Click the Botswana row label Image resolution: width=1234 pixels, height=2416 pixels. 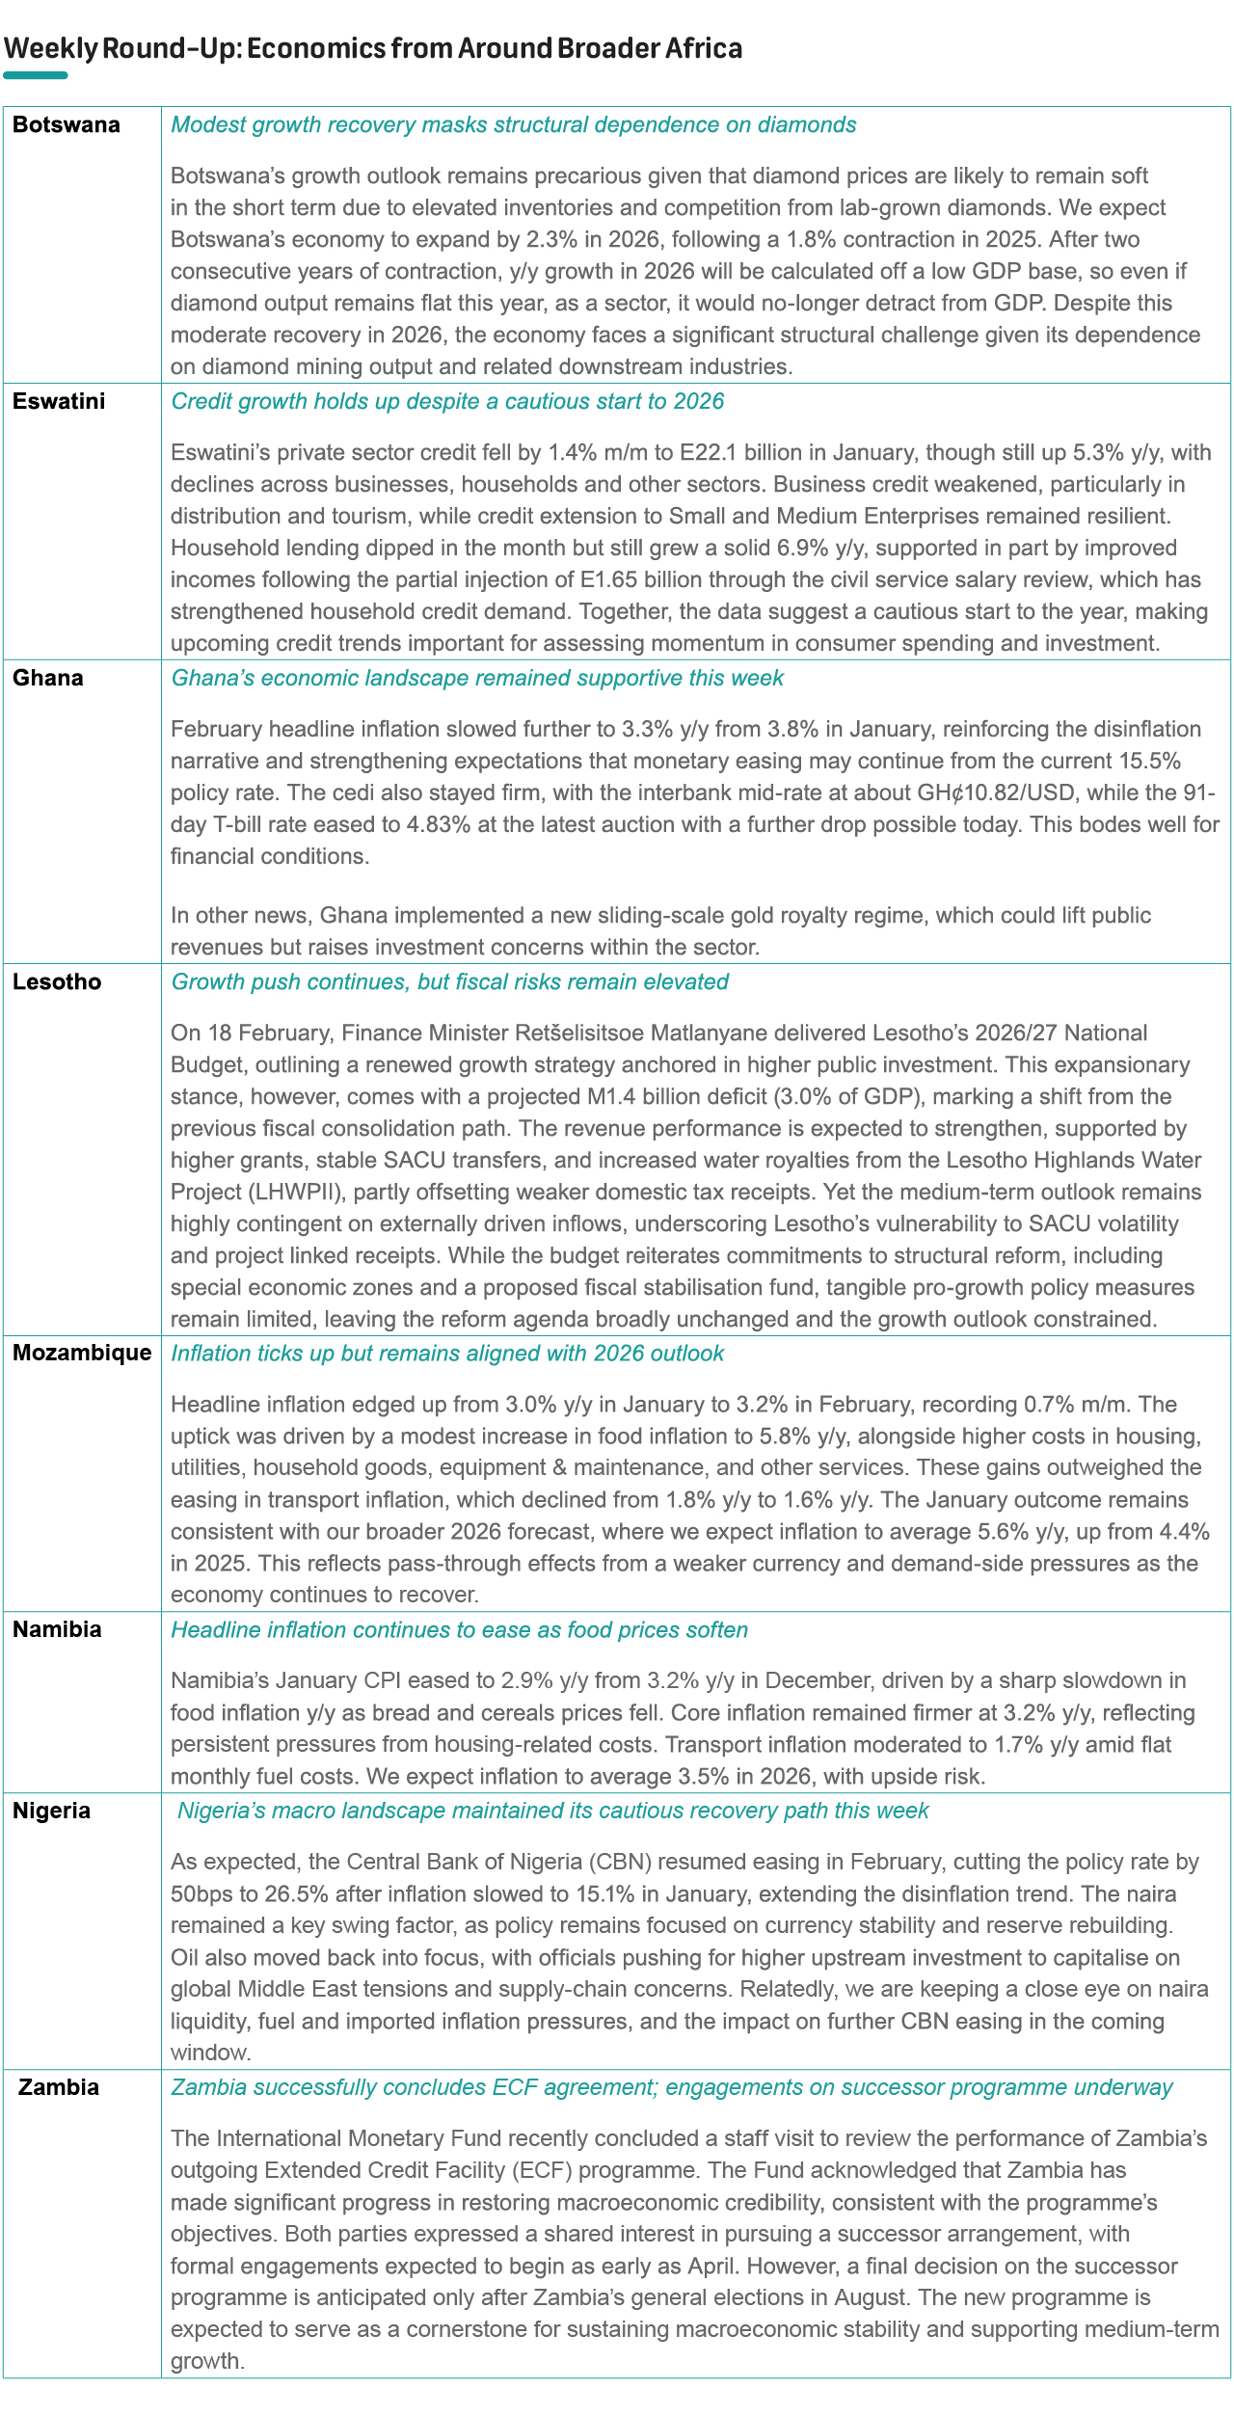(67, 125)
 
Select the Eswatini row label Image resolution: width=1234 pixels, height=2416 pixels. (59, 402)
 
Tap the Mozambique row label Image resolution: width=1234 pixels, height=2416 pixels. (82, 1353)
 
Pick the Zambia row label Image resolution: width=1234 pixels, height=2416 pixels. (59, 2087)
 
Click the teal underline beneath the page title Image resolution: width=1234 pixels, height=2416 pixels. (36, 75)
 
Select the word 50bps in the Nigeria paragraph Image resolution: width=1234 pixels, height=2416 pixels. (201, 1893)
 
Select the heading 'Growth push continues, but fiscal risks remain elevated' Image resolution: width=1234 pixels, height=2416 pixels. (449, 981)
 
